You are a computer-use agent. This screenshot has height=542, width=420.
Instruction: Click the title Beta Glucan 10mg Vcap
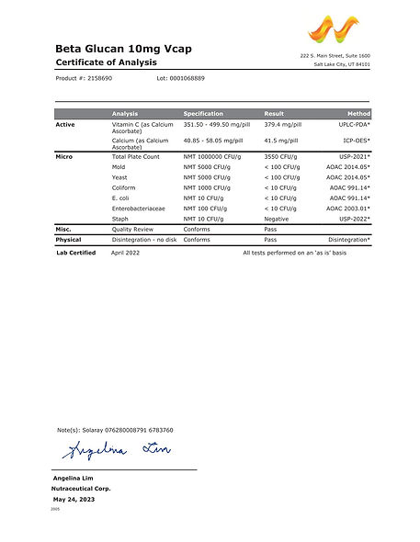click(x=124, y=48)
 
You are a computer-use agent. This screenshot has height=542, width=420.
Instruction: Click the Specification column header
click(x=203, y=113)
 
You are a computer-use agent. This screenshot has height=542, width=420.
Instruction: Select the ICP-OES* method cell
click(x=355, y=141)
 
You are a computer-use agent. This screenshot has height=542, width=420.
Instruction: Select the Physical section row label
click(x=69, y=239)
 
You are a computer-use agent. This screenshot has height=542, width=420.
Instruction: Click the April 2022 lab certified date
click(x=126, y=252)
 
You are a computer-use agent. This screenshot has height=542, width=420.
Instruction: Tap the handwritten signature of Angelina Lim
click(x=115, y=451)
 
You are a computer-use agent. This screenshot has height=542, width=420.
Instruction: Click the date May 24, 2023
click(x=74, y=499)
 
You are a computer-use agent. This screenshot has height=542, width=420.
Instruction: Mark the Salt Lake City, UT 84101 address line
click(x=342, y=64)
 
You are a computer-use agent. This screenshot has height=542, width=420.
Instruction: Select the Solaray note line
click(x=115, y=430)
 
